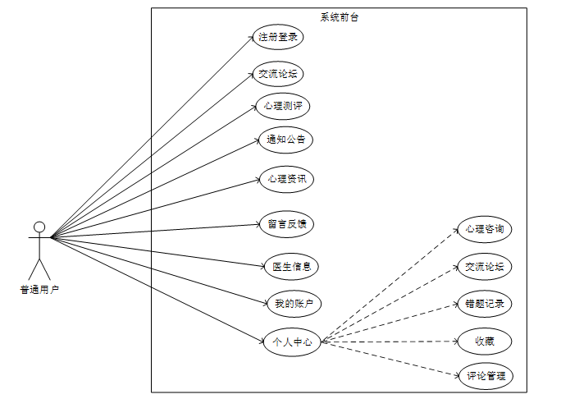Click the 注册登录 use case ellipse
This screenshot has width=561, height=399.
click(277, 37)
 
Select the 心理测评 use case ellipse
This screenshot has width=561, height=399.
click(283, 107)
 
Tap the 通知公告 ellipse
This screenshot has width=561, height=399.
click(285, 140)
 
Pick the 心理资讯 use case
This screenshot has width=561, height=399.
click(285, 179)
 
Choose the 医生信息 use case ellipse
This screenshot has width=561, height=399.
click(290, 266)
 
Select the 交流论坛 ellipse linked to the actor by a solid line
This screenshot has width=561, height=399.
click(277, 73)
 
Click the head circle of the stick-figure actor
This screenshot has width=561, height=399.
click(39, 227)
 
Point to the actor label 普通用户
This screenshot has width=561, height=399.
click(39, 289)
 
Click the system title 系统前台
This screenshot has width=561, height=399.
click(339, 16)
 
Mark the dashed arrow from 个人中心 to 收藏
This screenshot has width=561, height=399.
click(390, 341)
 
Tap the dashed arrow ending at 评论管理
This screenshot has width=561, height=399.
click(390, 359)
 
